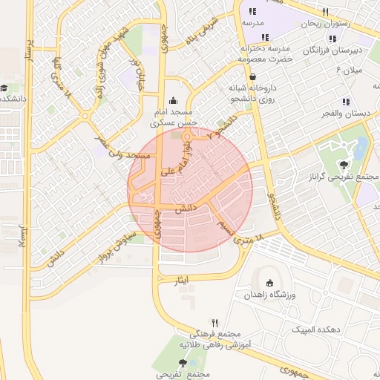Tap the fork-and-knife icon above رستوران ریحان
(325, 13)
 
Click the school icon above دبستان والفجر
(346, 102)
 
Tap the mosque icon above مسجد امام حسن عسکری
(174, 101)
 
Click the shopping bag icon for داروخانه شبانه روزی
(253, 76)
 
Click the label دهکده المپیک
(317, 329)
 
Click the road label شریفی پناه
(203, 30)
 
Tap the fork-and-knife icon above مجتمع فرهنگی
(215, 323)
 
